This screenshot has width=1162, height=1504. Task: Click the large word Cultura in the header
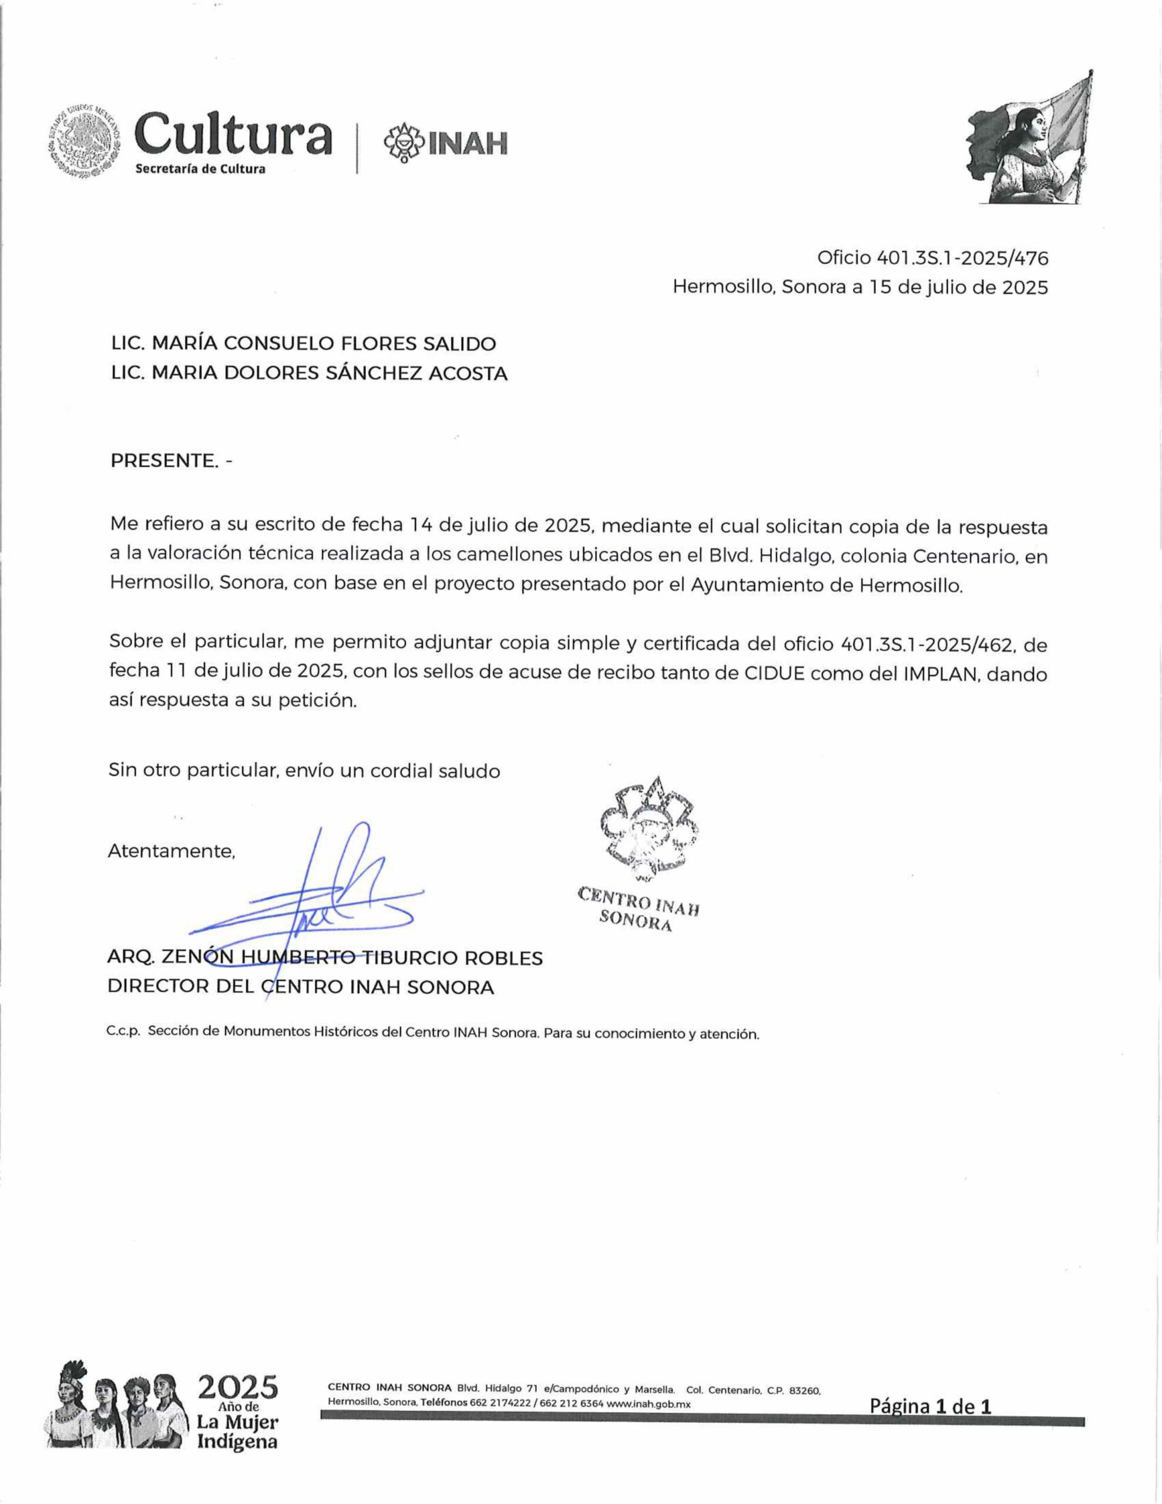233,136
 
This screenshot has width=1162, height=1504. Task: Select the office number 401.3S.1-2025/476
962,258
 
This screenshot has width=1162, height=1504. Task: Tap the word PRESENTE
164,461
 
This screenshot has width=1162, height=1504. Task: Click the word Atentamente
172,851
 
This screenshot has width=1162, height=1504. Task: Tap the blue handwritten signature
324,895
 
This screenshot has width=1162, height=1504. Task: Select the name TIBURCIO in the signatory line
411,958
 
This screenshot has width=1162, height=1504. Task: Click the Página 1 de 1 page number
930,1405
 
